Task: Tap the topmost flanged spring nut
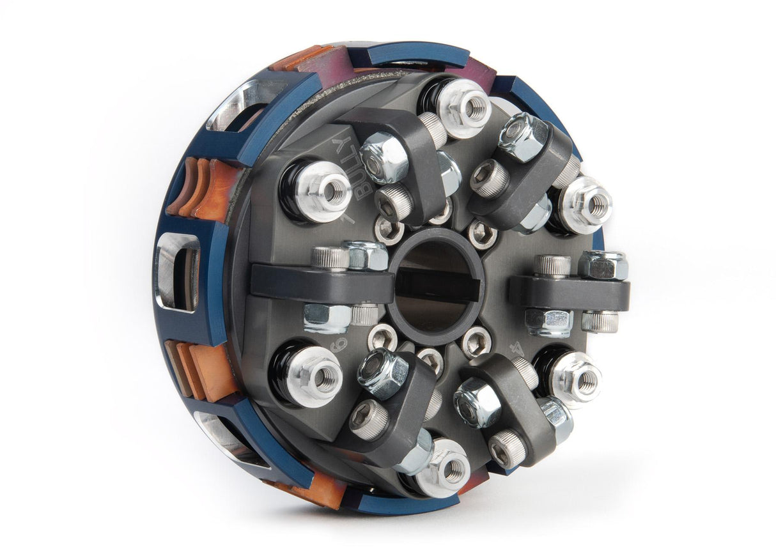click(464, 106)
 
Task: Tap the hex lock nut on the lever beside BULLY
click(384, 157)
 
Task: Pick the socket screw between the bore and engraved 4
click(477, 341)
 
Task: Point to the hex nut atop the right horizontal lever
click(603, 264)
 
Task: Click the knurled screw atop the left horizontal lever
click(330, 258)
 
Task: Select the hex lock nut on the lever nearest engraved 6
click(382, 373)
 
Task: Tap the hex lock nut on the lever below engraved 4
click(477, 403)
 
